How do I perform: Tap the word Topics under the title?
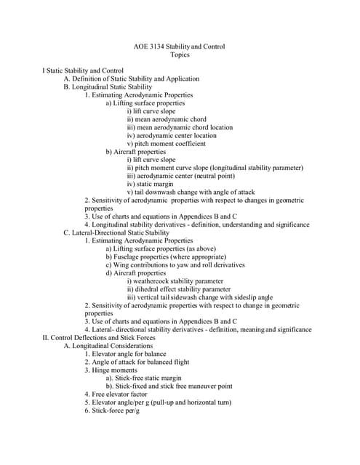180,54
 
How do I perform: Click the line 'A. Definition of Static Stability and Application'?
132,78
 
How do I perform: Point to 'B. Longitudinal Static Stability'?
108,86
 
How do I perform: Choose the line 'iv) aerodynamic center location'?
172,135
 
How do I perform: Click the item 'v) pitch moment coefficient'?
166,143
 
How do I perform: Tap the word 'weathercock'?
157,281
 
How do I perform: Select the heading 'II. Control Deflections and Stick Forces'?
99,338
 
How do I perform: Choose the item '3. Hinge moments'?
111,371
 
